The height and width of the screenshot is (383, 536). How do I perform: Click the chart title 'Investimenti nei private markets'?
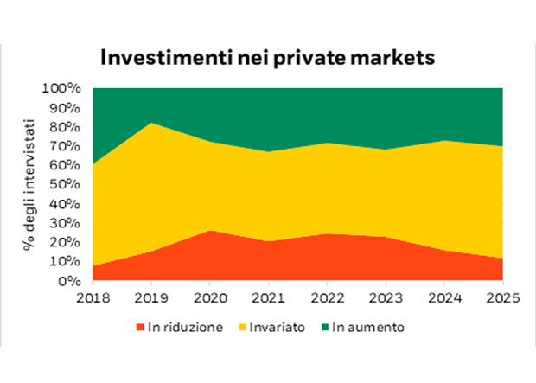[267, 57]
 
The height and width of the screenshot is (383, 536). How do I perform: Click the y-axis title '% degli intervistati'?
[29, 185]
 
